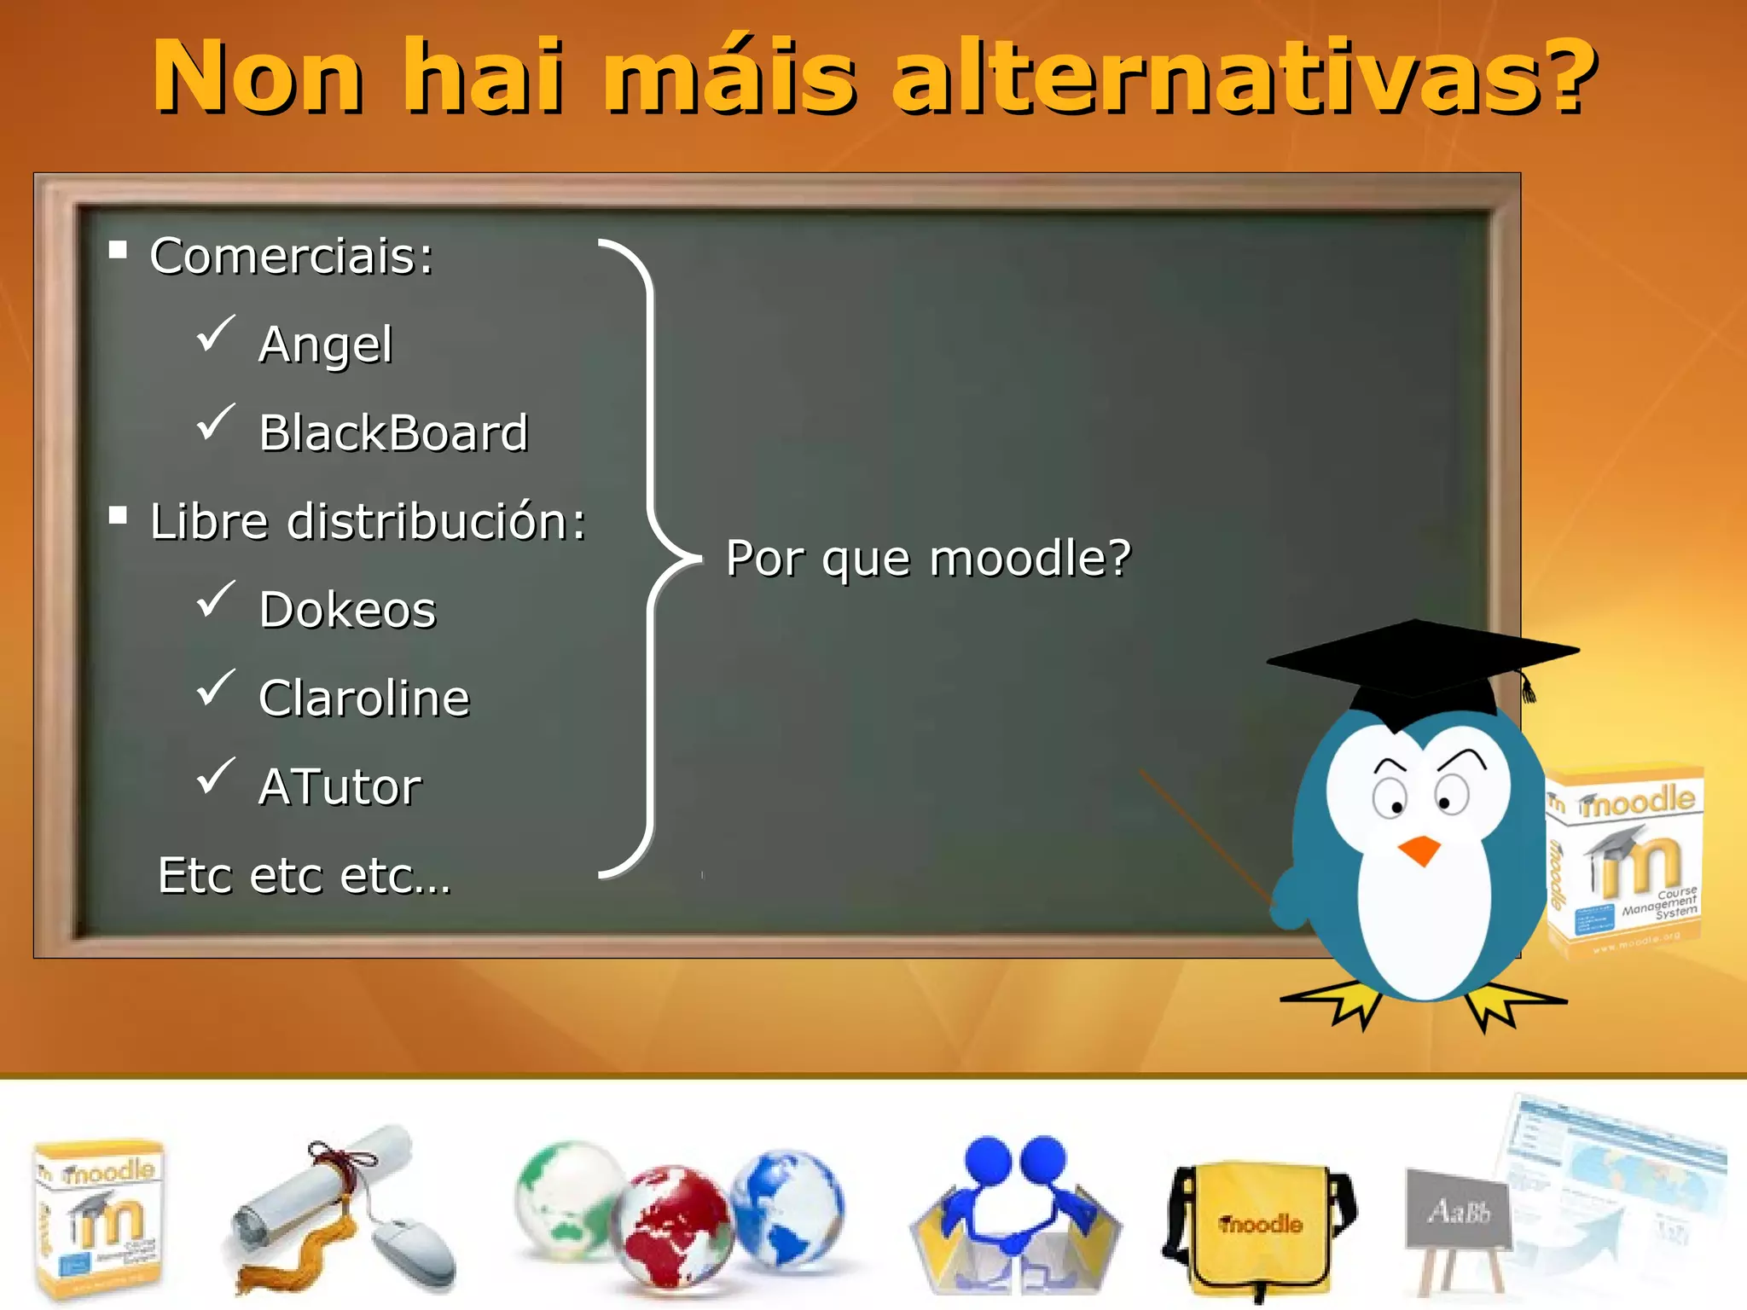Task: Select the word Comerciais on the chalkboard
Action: click(291, 256)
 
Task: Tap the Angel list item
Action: click(325, 345)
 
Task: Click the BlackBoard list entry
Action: click(393, 432)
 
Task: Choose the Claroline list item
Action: click(364, 698)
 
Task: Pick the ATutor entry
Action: click(340, 786)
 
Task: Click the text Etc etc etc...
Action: click(305, 876)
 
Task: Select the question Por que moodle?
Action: click(928, 559)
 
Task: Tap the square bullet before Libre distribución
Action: click(119, 515)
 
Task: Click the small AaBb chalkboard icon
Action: click(1458, 1211)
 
